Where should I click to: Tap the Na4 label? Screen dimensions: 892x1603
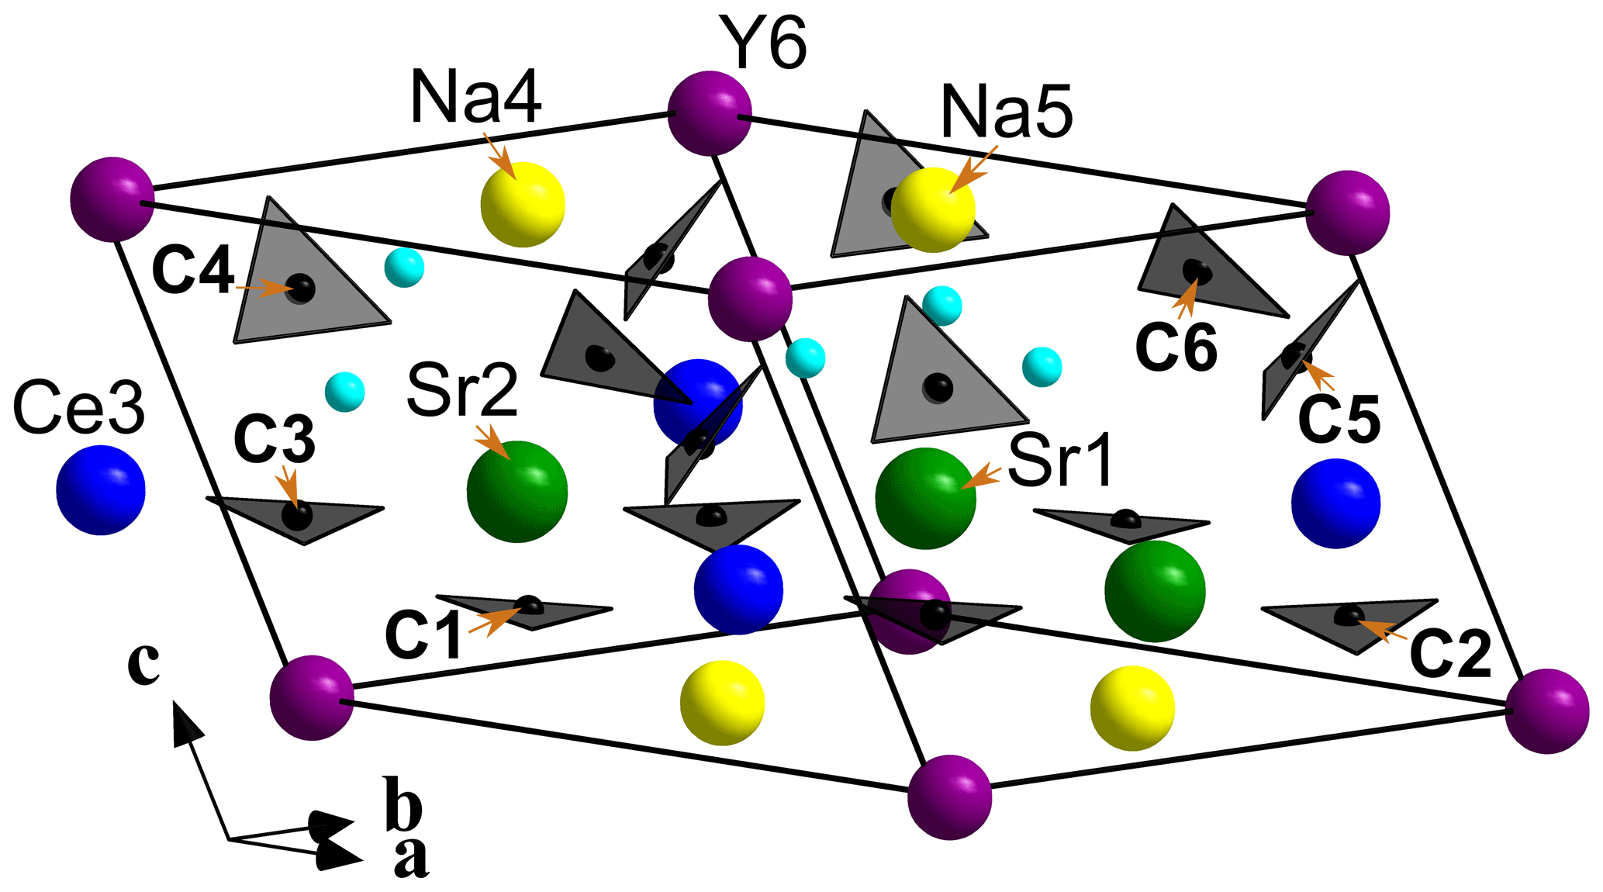475,96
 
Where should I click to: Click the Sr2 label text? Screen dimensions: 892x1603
462,391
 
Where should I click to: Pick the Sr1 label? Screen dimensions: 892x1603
1061,461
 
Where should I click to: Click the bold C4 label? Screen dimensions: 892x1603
193,271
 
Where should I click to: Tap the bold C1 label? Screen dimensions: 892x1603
423,634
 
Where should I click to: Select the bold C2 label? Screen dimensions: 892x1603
1450,654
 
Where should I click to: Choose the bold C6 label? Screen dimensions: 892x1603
1176,347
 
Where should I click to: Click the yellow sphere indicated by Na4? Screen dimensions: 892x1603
523,205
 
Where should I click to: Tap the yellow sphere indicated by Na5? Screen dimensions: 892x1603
932,210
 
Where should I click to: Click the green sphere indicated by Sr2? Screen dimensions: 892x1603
517,492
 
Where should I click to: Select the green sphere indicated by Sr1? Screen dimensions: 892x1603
925,499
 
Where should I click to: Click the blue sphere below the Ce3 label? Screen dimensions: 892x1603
101,489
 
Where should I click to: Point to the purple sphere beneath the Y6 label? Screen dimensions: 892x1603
710,113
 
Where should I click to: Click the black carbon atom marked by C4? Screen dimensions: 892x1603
301,288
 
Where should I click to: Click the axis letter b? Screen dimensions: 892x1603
404,801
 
